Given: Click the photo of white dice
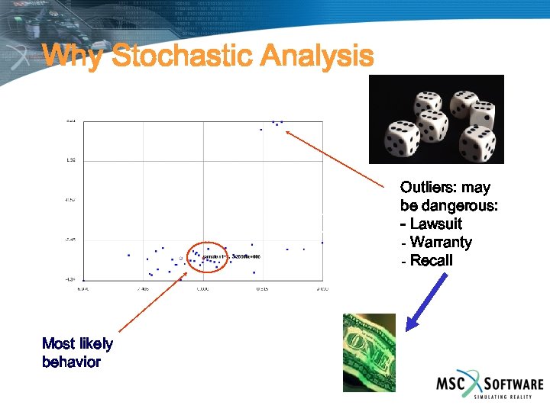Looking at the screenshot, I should point(436,119).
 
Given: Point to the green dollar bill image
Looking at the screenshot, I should point(368,352).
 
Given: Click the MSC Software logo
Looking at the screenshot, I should point(489,385).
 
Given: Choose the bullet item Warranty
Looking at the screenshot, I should point(440,243).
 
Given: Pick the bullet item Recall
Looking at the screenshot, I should point(431,261).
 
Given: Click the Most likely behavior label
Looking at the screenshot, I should point(77,352).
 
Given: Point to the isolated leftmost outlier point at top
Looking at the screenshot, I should point(261,130).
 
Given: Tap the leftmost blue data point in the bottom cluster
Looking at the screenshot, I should point(129,255).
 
